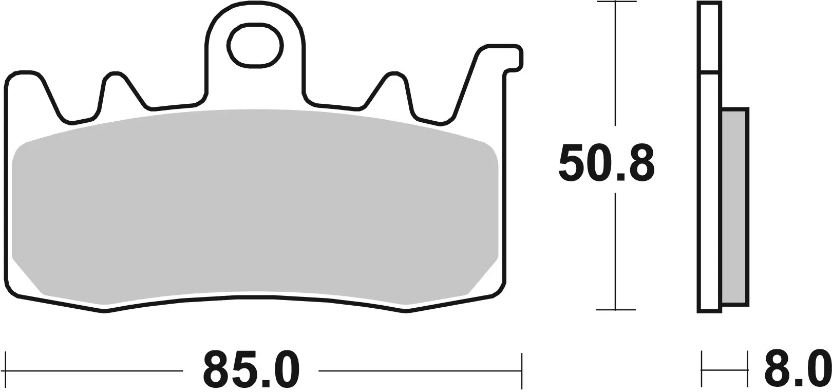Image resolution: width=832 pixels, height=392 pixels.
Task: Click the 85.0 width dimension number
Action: pyautogui.click(x=251, y=370)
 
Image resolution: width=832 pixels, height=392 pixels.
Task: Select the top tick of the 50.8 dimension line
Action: pyautogui.click(x=615, y=3)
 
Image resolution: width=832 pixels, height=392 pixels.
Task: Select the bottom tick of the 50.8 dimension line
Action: pyautogui.click(x=615, y=310)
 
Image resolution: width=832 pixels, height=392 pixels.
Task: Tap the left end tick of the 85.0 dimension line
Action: pyautogui.click(x=6, y=370)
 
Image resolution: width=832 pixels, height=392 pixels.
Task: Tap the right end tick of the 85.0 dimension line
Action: pyautogui.click(x=521, y=370)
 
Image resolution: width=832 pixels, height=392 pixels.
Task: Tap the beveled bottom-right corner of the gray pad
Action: pyautogui.click(x=483, y=277)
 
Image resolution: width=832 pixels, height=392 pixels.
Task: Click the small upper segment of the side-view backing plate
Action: pyautogui.click(x=709, y=36)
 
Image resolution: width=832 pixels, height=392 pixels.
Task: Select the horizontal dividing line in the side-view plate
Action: pyautogui.click(x=709, y=71)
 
